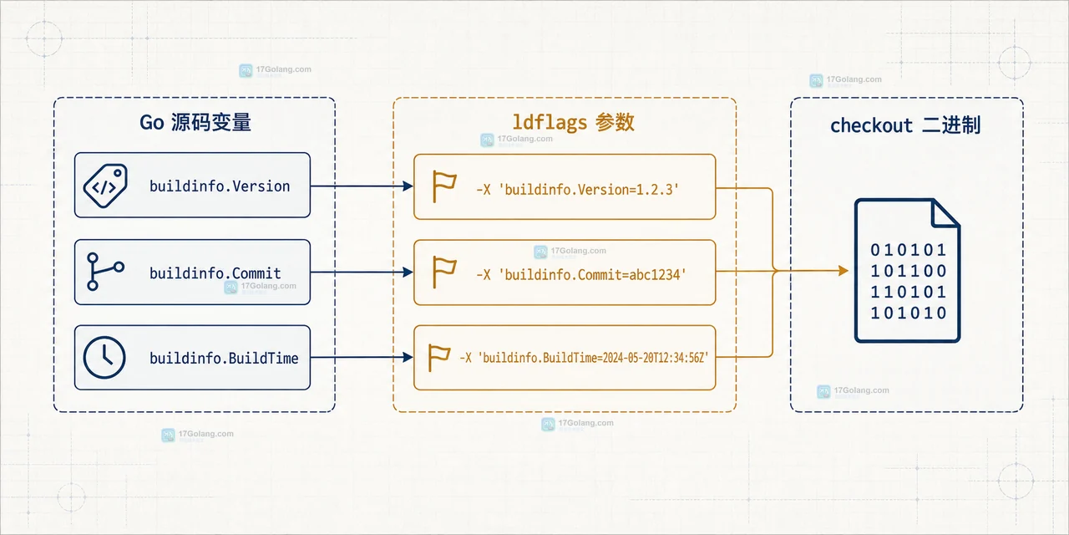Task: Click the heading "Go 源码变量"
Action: (x=195, y=122)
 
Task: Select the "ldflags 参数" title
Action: (x=573, y=122)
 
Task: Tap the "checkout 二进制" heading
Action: (x=905, y=125)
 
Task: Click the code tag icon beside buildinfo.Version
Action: (x=105, y=186)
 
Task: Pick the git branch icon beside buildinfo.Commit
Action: (x=105, y=272)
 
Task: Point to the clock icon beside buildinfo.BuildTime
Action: (x=104, y=357)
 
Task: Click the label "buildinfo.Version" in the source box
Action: (x=220, y=186)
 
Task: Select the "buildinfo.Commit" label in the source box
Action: (x=215, y=273)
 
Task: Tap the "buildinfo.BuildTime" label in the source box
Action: (x=224, y=359)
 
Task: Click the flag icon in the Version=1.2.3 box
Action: (x=443, y=186)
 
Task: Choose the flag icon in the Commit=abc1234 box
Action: (x=443, y=272)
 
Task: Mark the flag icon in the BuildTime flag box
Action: (x=439, y=357)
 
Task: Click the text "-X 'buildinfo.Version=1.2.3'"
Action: (x=577, y=190)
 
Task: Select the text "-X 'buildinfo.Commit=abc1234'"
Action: (x=581, y=275)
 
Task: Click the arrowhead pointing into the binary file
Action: (x=844, y=271)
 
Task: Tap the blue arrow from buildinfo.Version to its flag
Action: (x=362, y=186)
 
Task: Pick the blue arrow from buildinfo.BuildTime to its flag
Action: (x=362, y=357)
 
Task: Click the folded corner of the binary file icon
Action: (x=945, y=214)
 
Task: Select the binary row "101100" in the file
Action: (x=908, y=272)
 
